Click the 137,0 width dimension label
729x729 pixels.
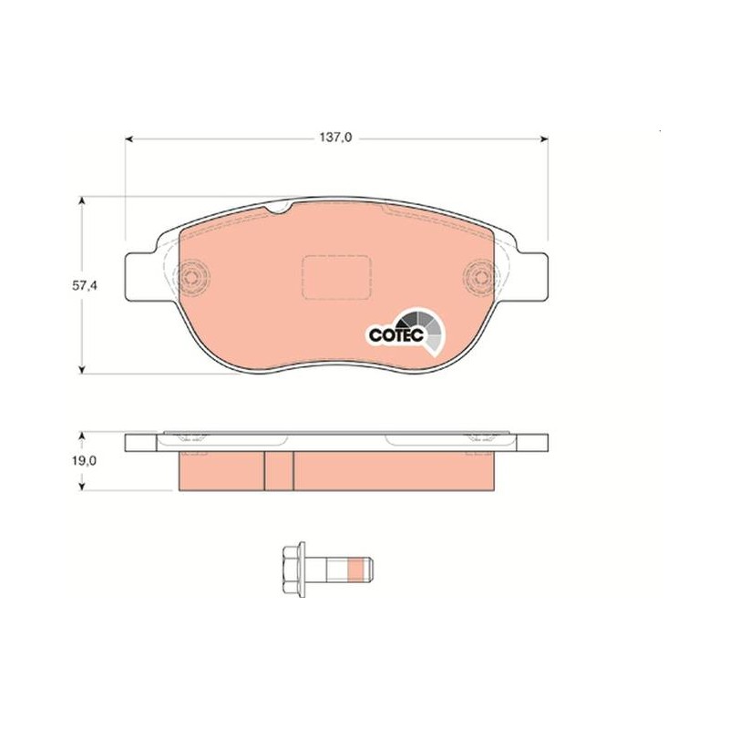click(x=335, y=139)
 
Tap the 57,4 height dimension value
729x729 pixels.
click(x=84, y=286)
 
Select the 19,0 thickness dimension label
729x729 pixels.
click(x=84, y=461)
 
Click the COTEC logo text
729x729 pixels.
click(x=396, y=334)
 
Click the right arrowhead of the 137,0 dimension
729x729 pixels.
click(x=543, y=139)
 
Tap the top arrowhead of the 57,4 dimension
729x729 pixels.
click(x=82, y=200)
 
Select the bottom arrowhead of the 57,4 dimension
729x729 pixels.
click(x=82, y=369)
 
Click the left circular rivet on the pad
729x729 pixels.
click(x=191, y=277)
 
